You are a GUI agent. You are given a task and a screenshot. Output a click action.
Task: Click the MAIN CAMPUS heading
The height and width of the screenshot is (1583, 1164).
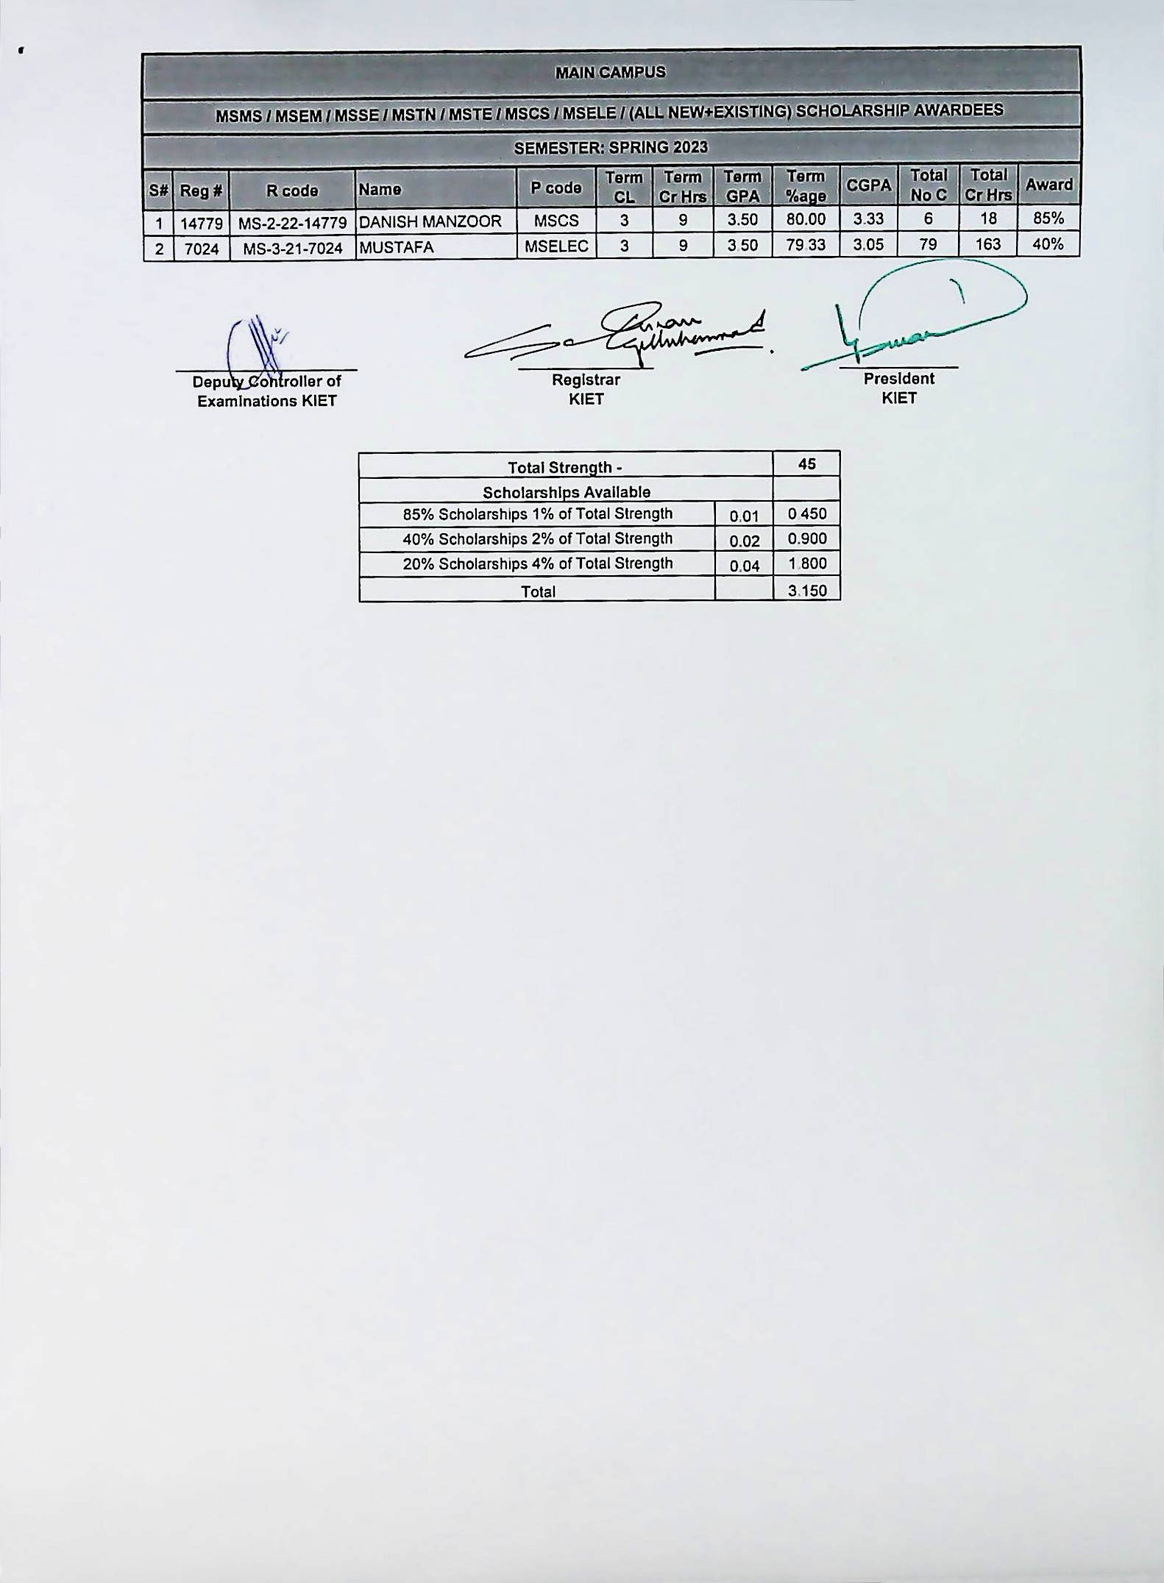click(x=610, y=72)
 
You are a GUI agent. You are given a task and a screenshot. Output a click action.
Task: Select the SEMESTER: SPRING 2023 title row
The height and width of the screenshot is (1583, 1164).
click(x=611, y=148)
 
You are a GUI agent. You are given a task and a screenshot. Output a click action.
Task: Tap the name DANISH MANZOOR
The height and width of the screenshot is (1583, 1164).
click(x=430, y=221)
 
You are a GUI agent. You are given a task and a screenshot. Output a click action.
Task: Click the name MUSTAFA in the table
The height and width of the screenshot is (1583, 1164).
click(x=397, y=247)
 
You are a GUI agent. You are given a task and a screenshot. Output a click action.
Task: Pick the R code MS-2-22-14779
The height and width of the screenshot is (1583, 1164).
click(x=293, y=221)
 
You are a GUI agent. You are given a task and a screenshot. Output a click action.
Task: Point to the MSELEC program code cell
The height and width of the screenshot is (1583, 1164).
click(x=557, y=246)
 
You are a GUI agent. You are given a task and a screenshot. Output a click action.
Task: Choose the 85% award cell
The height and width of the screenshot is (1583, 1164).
click(x=1048, y=218)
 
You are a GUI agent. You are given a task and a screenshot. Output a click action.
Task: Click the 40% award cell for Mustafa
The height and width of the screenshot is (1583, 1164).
click(x=1048, y=244)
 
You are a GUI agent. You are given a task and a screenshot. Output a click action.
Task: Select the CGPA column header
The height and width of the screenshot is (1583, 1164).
click(x=869, y=186)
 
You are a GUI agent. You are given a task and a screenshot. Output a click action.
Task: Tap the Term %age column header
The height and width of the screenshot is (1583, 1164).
click(x=806, y=186)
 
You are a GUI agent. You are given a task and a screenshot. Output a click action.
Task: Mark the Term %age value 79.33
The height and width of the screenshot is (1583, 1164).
click(x=806, y=245)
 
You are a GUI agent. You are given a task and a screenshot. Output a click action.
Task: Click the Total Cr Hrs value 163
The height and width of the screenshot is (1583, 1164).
click(x=988, y=244)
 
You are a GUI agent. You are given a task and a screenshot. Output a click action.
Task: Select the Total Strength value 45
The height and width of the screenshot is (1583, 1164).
click(x=807, y=464)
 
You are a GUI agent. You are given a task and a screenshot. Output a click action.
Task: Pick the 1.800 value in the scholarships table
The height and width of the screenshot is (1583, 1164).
click(x=807, y=564)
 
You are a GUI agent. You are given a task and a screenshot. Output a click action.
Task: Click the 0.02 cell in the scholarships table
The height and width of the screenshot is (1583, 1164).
click(x=744, y=541)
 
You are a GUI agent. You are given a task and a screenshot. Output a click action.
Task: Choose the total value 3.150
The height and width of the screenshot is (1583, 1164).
click(x=807, y=591)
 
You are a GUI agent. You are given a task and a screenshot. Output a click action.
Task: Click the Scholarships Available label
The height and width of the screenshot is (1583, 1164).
click(x=567, y=492)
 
